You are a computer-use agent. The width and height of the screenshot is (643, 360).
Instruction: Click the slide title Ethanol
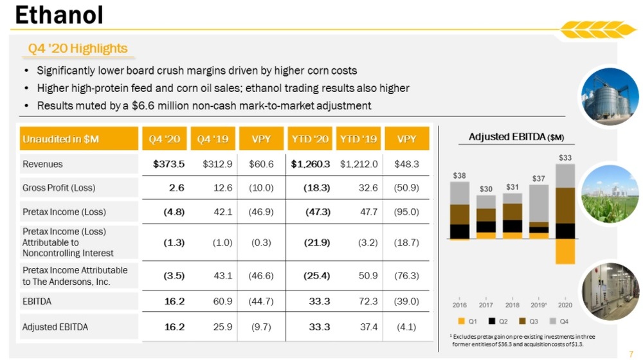59,15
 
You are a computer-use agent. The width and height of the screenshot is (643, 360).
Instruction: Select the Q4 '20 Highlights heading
78,49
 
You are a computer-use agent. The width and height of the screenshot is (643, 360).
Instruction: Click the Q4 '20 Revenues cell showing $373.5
168,164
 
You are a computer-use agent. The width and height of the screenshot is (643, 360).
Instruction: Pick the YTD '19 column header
358,139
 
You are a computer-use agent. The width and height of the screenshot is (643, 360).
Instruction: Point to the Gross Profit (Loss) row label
59,188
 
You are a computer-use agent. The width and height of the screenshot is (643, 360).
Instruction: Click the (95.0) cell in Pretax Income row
406,212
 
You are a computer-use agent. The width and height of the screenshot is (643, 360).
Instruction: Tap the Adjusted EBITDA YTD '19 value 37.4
368,327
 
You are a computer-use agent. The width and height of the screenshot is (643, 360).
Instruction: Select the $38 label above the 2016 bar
459,175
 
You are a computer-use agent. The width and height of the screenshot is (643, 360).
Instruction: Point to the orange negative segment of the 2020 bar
565,251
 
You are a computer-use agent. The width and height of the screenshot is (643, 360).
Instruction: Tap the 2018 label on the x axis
512,304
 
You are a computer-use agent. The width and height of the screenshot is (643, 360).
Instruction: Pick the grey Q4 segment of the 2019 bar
539,203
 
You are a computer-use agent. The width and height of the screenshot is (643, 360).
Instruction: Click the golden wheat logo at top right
595,30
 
